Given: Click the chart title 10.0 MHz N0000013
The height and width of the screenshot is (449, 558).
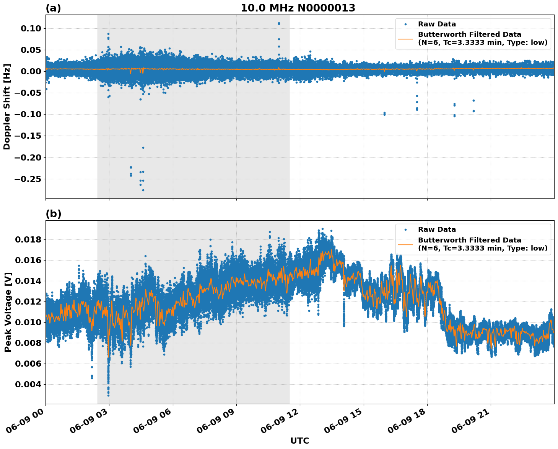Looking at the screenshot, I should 298,8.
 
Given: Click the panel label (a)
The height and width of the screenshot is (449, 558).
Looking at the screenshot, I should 53,8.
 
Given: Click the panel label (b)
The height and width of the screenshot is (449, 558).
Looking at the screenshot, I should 53,214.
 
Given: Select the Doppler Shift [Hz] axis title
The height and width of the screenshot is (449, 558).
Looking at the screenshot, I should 7,107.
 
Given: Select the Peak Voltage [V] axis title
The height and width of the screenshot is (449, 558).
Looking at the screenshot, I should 8,312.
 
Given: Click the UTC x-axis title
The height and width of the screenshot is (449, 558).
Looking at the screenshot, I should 299,441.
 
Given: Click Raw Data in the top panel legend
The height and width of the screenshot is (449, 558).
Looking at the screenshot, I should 437,24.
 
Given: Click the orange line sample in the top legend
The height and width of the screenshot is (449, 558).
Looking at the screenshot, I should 405,39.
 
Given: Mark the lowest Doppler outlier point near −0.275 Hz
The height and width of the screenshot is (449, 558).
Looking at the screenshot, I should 143,190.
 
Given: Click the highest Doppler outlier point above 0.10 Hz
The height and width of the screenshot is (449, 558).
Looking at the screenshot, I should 279,23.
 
